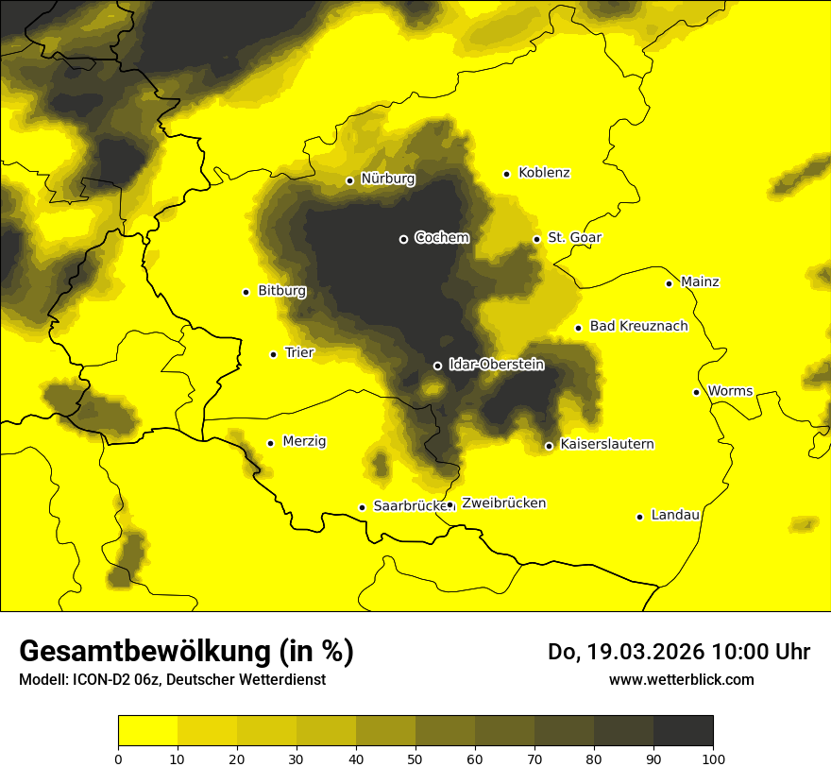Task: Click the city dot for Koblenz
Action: [x=507, y=174]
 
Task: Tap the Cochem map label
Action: [x=441, y=238]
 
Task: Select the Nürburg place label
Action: [x=387, y=179]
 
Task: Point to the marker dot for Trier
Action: [x=274, y=354]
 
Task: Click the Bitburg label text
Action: [x=281, y=291]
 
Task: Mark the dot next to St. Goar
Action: [x=536, y=239]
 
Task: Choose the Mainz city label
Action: [x=700, y=282]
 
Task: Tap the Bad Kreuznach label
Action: [x=638, y=327]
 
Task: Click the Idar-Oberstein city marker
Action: [x=437, y=366]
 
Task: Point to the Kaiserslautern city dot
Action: [x=549, y=446]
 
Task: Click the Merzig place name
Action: [x=304, y=441]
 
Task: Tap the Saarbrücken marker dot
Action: [x=362, y=507]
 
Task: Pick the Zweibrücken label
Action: [x=503, y=503]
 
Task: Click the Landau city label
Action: [x=675, y=516]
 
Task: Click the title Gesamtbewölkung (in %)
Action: [x=186, y=652]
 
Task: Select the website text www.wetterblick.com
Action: [x=682, y=679]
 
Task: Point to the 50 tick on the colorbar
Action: [x=415, y=758]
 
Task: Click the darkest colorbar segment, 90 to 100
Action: [x=683, y=731]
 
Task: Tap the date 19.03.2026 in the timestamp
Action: [x=646, y=652]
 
